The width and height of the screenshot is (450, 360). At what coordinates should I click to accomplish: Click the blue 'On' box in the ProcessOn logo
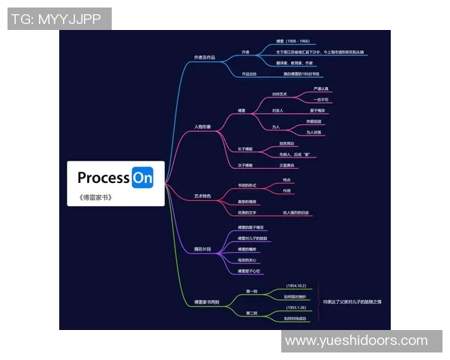pos(142,178)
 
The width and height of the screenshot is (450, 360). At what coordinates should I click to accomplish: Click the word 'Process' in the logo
pos(103,178)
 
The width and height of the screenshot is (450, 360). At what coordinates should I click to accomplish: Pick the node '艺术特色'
pos(202,196)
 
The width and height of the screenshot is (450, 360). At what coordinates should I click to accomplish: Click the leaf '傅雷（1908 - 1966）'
pos(293,42)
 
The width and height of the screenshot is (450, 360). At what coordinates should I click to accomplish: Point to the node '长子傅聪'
pos(245,148)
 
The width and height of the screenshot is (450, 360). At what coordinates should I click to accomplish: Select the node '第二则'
pos(252,312)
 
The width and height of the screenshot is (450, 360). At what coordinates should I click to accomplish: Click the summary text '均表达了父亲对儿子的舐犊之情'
pos(352,301)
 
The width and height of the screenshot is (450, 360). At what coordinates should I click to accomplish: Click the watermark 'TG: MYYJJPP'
pos(59,19)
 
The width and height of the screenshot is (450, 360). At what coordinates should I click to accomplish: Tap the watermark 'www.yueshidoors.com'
pos(355,341)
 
